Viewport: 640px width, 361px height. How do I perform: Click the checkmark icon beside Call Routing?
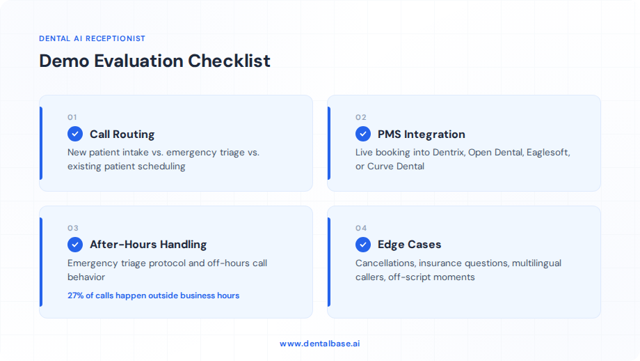tap(75, 134)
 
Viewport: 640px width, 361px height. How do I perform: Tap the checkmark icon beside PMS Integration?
tap(363, 134)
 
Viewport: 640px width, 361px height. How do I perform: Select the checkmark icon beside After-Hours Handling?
tap(75, 245)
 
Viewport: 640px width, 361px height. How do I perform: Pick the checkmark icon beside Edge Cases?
tap(363, 245)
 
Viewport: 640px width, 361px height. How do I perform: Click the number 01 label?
tap(72, 117)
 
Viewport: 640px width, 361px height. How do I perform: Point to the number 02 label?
tap(360, 117)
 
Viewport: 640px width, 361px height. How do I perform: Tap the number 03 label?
tap(73, 228)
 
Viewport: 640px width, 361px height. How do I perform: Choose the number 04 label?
tap(361, 228)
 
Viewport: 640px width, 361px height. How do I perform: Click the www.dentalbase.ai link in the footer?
tap(320, 344)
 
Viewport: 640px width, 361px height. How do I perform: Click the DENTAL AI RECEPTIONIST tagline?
tap(93, 39)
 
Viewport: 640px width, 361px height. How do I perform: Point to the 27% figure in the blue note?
tap(75, 295)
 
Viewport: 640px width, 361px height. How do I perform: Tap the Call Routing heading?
tap(122, 134)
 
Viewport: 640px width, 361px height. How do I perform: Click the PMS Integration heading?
tap(421, 134)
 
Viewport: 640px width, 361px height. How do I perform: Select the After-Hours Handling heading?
tap(147, 245)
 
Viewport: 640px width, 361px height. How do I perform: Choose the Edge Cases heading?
tap(409, 245)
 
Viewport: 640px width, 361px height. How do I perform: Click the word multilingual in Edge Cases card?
tap(536, 263)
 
